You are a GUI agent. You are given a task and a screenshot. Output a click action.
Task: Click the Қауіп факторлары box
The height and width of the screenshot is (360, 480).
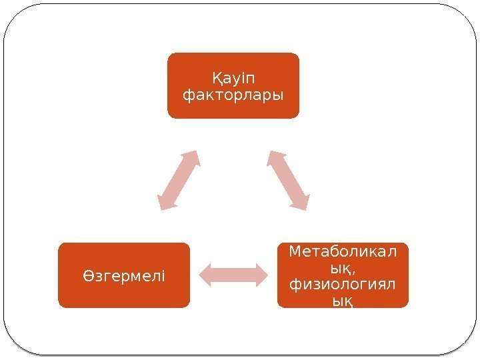pyautogui.click(x=233, y=85)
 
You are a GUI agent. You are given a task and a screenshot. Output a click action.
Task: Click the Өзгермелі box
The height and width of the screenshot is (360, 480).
pyautogui.click(x=124, y=275)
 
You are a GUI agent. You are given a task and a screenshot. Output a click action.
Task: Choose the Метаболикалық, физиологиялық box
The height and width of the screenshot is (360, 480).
pyautogui.click(x=343, y=275)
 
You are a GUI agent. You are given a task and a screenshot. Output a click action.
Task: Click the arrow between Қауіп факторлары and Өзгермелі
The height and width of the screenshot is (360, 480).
pyautogui.click(x=179, y=181)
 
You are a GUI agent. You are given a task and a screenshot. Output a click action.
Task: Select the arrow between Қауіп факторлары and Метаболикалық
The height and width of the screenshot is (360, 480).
pyautogui.click(x=289, y=181)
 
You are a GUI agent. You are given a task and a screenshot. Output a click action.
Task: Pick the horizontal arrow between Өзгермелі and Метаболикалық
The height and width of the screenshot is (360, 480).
pyautogui.click(x=233, y=275)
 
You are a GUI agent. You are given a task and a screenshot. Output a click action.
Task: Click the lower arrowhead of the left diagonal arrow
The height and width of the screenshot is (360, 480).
pyautogui.click(x=164, y=203)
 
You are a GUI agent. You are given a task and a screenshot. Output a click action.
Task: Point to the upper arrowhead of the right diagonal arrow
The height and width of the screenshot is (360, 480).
pyautogui.click(x=275, y=158)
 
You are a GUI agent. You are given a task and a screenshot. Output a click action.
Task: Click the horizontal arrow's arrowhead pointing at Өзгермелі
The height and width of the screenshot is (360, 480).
pyautogui.click(x=205, y=275)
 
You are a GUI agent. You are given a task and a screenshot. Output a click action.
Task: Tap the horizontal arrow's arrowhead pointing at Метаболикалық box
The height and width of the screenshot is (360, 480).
pyautogui.click(x=262, y=275)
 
